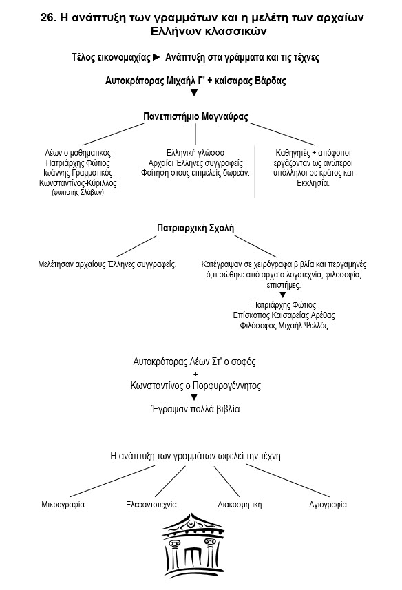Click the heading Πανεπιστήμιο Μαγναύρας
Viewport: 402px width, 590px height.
[x=195, y=116]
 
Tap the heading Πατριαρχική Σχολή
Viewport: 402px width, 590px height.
[x=195, y=228]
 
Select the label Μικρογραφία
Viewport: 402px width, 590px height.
[x=63, y=505]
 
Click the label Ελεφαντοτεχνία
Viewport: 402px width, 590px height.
[x=151, y=505]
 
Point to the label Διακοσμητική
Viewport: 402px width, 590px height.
[x=240, y=505]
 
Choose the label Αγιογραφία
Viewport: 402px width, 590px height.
[x=328, y=505]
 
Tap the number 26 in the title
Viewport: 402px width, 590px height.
[x=47, y=18]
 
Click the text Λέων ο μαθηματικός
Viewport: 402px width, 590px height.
[x=78, y=153]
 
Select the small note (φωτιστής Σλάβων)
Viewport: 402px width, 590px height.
[x=78, y=193]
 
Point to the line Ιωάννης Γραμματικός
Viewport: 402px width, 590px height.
[x=78, y=173]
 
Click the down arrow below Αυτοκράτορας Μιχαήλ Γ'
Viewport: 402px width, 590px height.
[x=194, y=93]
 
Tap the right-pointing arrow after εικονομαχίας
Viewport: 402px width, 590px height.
[x=157, y=58]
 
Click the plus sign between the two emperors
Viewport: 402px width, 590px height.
[x=195, y=374]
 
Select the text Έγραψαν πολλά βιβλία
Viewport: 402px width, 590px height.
[x=195, y=409]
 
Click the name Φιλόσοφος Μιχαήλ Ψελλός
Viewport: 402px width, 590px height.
[x=284, y=326]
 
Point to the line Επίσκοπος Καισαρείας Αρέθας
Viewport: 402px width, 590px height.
[x=284, y=315]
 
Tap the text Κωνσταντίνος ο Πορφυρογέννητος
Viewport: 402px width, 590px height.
[x=195, y=386]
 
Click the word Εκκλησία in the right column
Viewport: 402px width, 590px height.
[x=313, y=183]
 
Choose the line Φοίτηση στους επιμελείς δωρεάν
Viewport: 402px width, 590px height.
[x=195, y=173]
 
